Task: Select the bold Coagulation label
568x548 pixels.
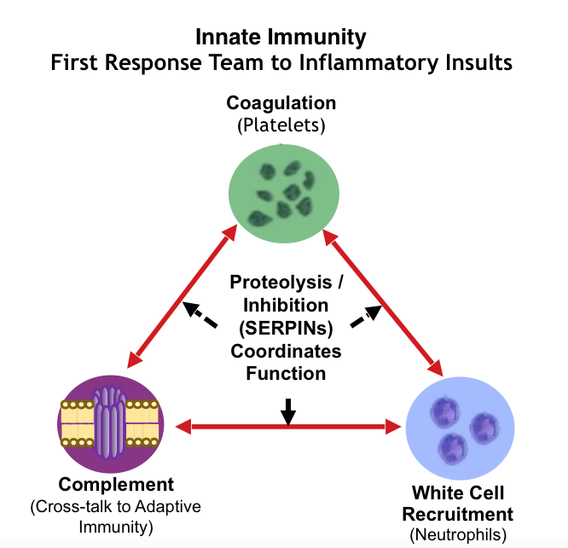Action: [x=281, y=104]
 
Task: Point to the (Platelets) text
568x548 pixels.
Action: [x=281, y=125]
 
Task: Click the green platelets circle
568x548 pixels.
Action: [x=284, y=193]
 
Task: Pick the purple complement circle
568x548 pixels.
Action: [x=111, y=423]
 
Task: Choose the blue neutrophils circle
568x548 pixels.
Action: [x=460, y=428]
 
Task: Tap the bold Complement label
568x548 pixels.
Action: [x=116, y=485]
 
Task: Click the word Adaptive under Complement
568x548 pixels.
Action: [x=168, y=507]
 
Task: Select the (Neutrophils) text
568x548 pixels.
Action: [x=458, y=534]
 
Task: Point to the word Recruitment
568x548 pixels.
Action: [x=458, y=514]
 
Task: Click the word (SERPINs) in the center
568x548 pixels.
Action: [x=286, y=329]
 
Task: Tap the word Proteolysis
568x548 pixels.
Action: [x=281, y=283]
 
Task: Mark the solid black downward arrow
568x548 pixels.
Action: [x=288, y=412]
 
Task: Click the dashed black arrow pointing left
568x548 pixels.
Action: [x=200, y=314]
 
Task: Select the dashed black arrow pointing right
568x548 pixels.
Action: [x=366, y=316]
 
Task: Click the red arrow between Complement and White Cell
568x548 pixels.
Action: [x=288, y=427]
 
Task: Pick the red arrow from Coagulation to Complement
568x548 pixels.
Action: [x=183, y=296]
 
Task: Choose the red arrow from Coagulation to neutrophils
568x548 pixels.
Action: [x=383, y=303]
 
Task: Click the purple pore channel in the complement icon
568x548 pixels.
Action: [x=110, y=423]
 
